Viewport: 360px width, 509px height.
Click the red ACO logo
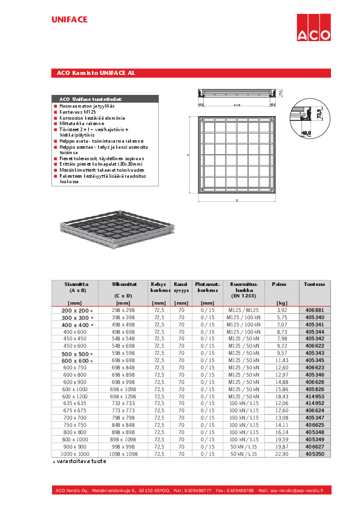click(313, 27)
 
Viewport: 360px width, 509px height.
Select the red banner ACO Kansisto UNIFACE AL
click(96, 73)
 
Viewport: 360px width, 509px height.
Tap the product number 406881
click(315, 310)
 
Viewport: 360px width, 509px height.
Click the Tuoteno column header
click(315, 283)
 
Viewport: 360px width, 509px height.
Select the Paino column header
click(279, 283)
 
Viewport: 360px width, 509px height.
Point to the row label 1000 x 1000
click(75, 453)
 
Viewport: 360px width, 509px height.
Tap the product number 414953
click(315, 396)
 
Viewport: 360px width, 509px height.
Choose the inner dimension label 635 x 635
click(75, 403)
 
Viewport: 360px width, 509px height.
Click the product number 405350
click(315, 453)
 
